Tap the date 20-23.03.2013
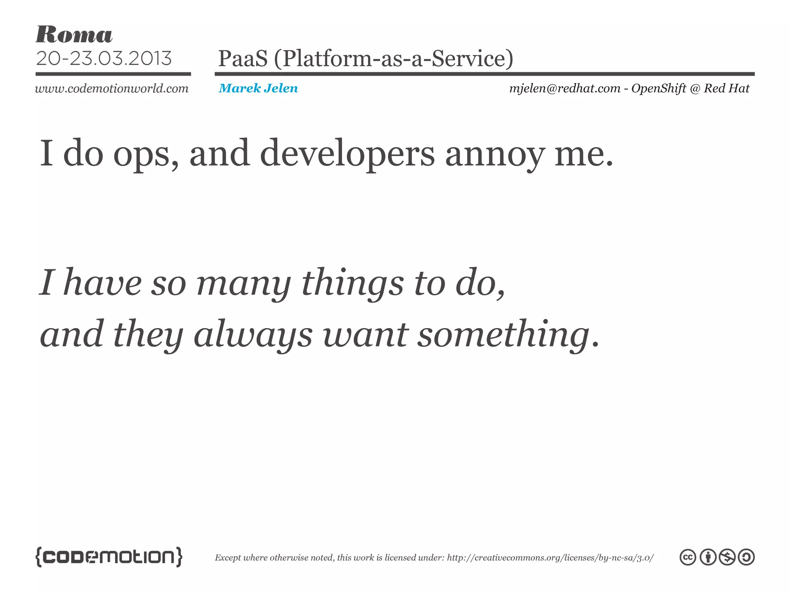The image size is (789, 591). click(104, 58)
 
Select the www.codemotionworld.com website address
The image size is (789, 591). click(112, 88)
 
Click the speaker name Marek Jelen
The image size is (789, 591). click(258, 88)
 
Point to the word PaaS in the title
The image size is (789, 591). click(243, 58)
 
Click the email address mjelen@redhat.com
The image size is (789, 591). click(565, 88)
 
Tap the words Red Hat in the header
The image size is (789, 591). click(727, 88)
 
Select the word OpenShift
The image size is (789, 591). click(659, 88)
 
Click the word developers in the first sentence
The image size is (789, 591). click(347, 154)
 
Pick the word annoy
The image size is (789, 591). click(495, 154)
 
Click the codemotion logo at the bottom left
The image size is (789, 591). click(109, 557)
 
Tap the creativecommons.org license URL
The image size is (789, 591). click(550, 558)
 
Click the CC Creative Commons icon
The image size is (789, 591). click(688, 558)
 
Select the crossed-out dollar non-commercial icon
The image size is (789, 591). click(727, 558)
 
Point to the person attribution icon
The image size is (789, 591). click(708, 558)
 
